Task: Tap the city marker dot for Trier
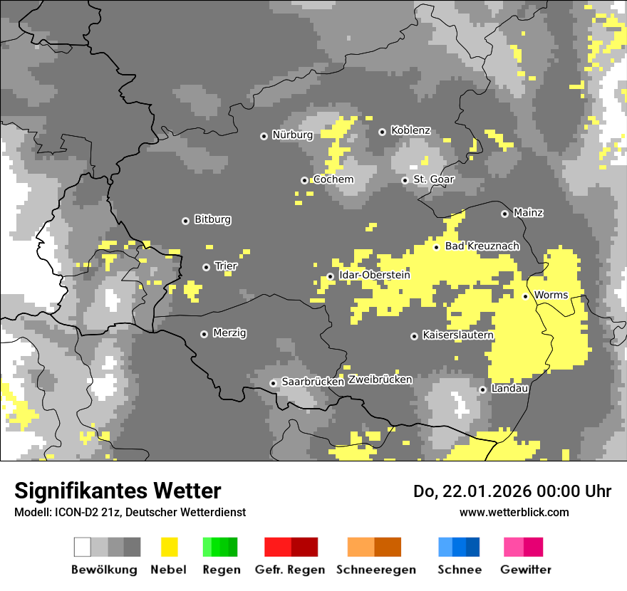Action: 207,267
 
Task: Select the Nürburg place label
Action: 292,135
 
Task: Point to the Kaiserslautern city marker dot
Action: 415,336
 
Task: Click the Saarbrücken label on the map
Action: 313,382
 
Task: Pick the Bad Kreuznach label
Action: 482,246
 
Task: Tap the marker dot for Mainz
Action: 505,214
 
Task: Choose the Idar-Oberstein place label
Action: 374,275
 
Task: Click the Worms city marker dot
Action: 526,296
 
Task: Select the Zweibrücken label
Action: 380,380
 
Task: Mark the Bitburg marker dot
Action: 186,221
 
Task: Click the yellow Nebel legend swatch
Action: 169,547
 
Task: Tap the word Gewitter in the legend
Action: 525,570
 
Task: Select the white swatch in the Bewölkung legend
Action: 83,547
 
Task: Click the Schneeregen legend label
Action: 375,570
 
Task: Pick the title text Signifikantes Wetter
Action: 118,491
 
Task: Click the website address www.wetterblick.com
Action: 514,512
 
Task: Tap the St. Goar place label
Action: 433,179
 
